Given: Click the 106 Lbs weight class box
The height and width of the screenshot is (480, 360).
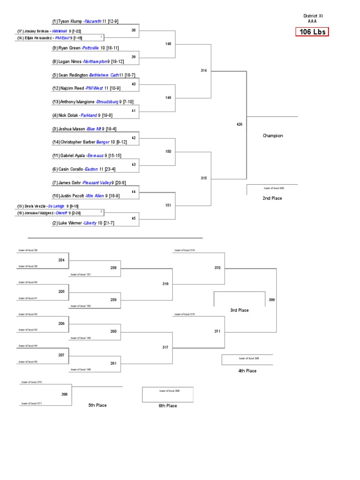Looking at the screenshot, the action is point(312,32).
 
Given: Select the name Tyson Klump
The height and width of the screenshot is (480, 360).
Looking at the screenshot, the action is point(70,21).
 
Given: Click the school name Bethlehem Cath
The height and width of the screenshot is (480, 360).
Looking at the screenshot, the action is point(104,75).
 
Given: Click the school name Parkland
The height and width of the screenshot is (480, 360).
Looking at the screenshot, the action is point(89,115).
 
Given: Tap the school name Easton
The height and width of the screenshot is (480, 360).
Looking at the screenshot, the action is point(91,169).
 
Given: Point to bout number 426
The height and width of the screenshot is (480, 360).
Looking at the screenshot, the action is point(240,124).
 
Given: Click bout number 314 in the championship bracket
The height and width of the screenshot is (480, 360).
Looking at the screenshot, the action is point(203,70).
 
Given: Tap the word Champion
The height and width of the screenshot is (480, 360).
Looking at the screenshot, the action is point(272,136).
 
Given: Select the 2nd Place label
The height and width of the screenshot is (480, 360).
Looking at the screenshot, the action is point(272,198).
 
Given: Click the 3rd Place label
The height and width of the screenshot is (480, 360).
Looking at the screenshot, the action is point(239,310).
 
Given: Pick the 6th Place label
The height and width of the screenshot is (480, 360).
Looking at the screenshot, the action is point(167,406).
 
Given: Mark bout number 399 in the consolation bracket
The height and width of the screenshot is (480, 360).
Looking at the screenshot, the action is point(272,300).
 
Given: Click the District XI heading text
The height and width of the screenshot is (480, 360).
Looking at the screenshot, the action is point(313,16).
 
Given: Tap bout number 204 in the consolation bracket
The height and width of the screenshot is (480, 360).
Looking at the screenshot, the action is point(61,260).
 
